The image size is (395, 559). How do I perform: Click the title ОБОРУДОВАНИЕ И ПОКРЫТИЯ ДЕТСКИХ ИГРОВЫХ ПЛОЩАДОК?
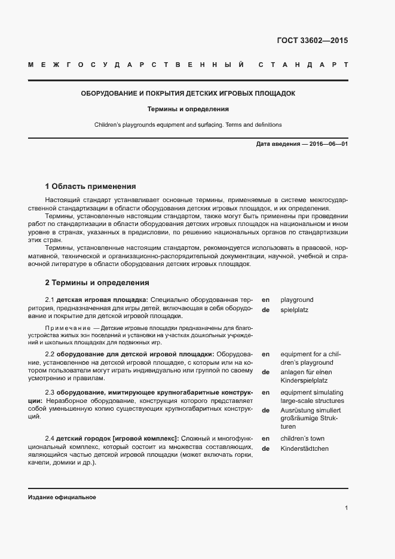(x=188, y=93)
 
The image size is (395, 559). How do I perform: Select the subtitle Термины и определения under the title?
(x=188, y=109)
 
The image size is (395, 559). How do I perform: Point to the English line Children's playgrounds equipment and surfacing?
(x=188, y=125)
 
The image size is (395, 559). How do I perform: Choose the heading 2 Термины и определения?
(x=97, y=282)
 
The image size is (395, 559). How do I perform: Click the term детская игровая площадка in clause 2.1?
(x=102, y=300)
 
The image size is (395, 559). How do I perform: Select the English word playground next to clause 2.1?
(x=296, y=300)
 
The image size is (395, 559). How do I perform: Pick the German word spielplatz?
(x=294, y=310)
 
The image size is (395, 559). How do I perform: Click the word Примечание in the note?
(x=65, y=328)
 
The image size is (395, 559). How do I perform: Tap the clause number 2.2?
(x=50, y=353)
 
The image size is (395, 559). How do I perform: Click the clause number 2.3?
(x=50, y=392)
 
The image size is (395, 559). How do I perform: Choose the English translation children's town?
(x=302, y=438)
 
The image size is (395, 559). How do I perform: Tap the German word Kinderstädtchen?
(x=304, y=448)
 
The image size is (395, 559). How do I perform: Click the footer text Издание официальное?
(x=62, y=497)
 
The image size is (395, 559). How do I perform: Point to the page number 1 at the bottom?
(x=347, y=508)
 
